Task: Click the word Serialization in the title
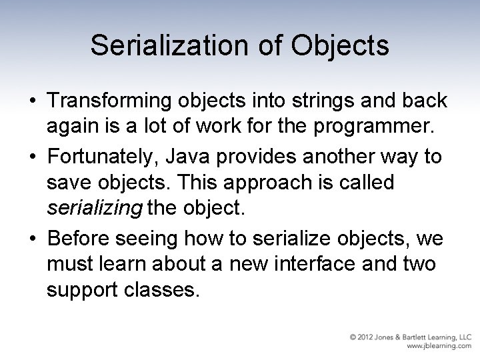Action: point(167,45)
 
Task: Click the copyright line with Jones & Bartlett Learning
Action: point(411,337)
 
